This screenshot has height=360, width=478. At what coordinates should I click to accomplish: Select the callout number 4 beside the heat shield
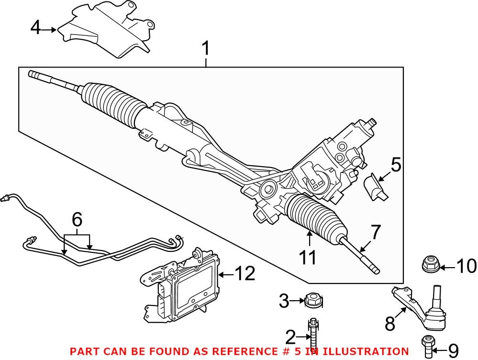(x=36, y=29)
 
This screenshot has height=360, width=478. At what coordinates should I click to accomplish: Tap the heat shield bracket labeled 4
(x=105, y=31)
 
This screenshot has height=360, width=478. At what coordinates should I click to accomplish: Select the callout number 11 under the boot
(x=308, y=258)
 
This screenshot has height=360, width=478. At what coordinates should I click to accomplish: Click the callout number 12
(x=244, y=274)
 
